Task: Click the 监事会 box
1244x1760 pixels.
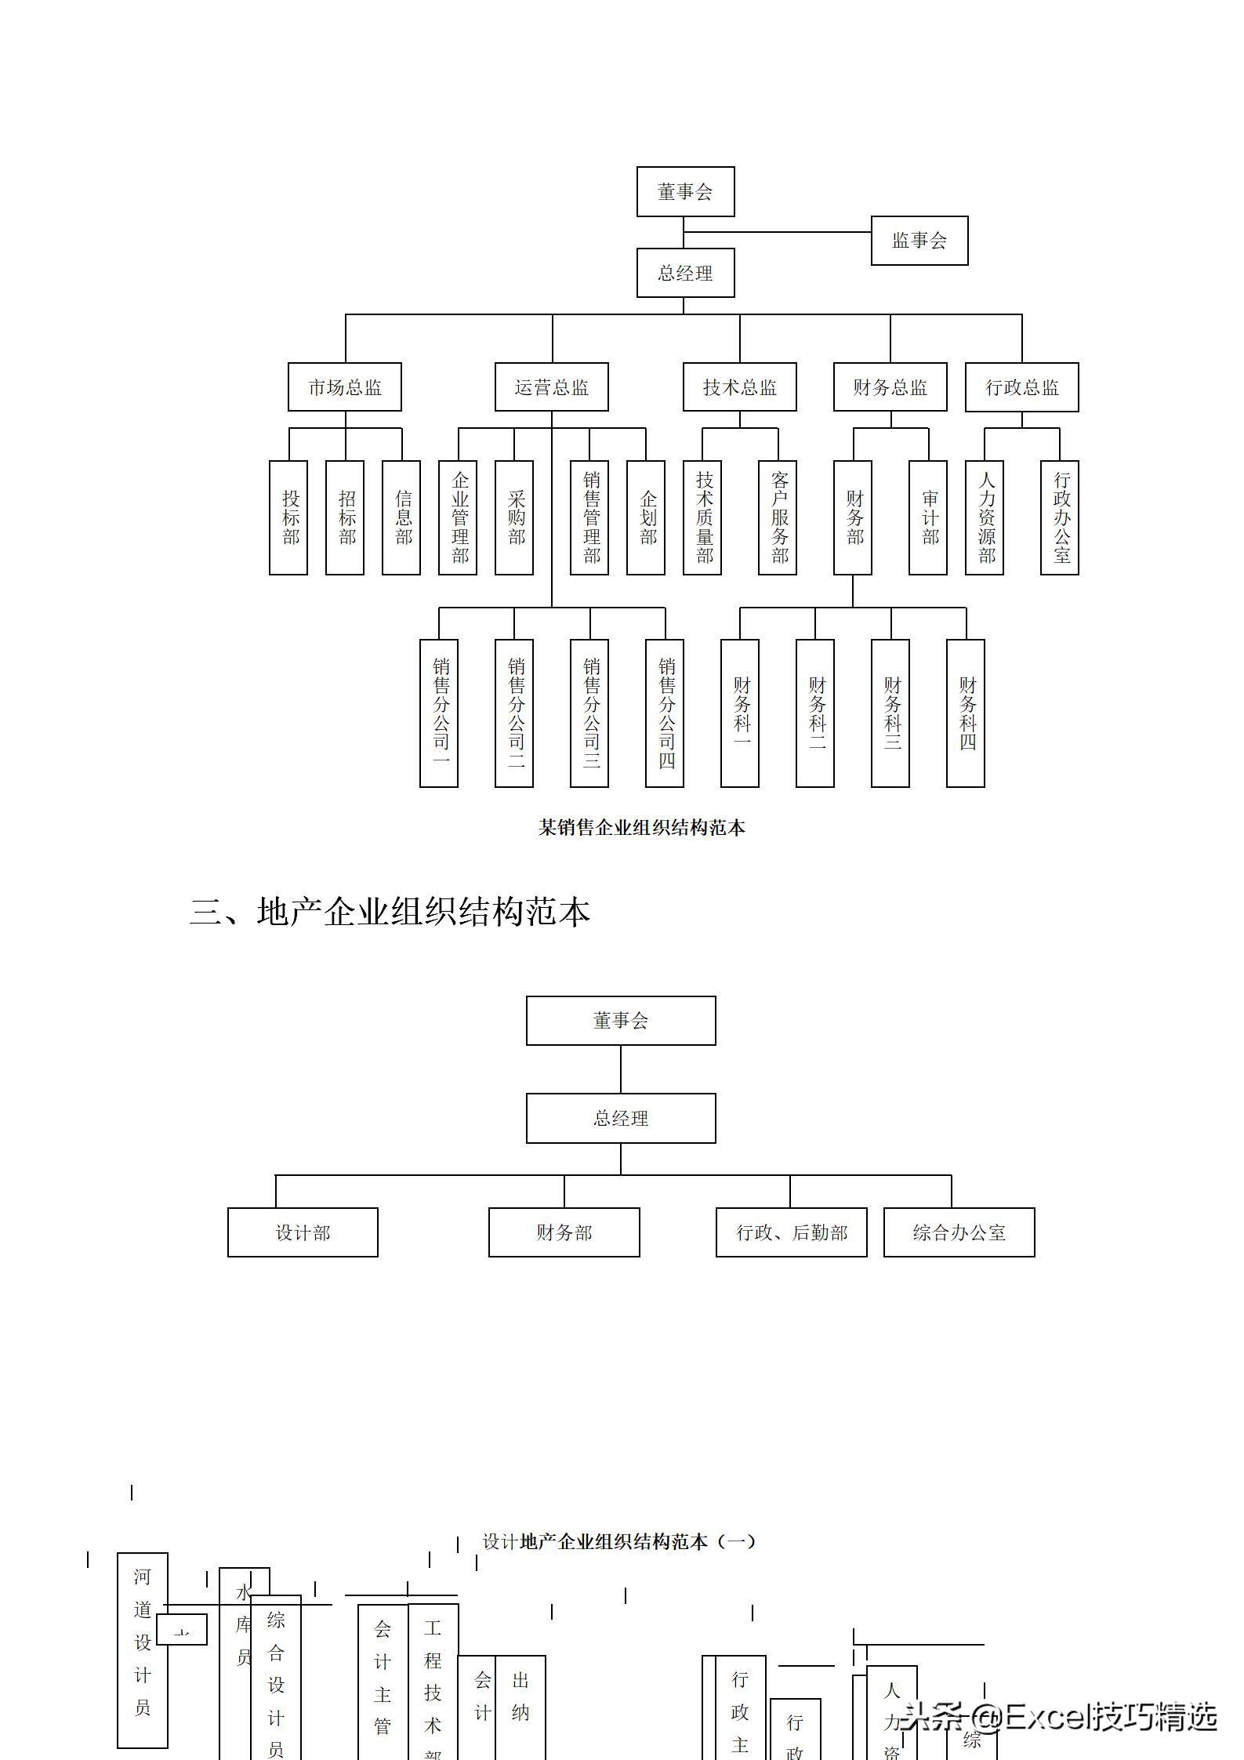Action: (919, 241)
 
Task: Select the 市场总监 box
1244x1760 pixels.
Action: (344, 387)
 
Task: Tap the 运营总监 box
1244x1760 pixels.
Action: (551, 387)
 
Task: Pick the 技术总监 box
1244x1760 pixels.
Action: (739, 387)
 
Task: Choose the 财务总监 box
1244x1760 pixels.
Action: (890, 387)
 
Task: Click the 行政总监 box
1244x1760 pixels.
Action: (1021, 387)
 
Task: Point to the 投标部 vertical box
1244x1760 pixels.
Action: (288, 517)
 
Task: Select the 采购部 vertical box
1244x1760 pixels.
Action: (514, 517)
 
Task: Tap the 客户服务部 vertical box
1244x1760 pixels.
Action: (778, 517)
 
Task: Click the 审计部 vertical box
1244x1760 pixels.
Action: (928, 517)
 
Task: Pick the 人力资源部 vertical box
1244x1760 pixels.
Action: (985, 517)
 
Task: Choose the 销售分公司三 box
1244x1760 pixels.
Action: (589, 713)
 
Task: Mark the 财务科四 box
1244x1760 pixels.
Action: (966, 713)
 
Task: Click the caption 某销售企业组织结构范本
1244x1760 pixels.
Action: (641, 827)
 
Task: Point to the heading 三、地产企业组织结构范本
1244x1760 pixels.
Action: (390, 912)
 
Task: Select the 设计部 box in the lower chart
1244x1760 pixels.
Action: (303, 1232)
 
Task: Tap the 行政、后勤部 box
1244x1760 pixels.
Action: (791, 1232)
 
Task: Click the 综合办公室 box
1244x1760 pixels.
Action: (959, 1232)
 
